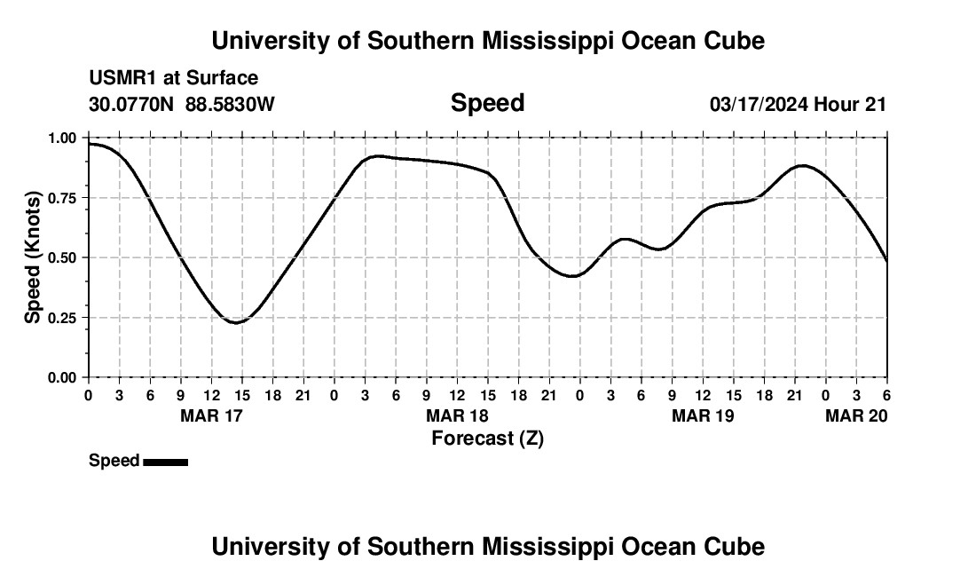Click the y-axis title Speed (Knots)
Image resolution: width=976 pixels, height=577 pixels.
pyautogui.click(x=33, y=257)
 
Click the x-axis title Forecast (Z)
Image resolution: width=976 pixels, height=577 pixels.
pyautogui.click(x=487, y=439)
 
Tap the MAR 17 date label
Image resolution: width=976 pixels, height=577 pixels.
pyautogui.click(x=211, y=416)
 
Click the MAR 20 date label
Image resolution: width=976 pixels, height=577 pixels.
pyautogui.click(x=856, y=416)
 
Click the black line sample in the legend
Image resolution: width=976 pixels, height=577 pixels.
pyautogui.click(x=165, y=462)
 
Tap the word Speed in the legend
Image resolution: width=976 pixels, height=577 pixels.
pyautogui.click(x=114, y=461)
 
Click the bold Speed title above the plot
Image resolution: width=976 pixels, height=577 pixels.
pyautogui.click(x=487, y=103)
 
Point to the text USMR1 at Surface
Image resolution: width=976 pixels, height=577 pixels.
pyautogui.click(x=173, y=79)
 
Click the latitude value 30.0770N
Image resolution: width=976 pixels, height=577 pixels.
pyautogui.click(x=132, y=105)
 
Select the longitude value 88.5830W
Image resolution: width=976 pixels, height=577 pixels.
pyautogui.click(x=230, y=105)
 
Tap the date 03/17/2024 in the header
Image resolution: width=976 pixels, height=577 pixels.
pyautogui.click(x=759, y=105)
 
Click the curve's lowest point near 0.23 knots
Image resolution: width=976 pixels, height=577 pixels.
pyautogui.click(x=235, y=322)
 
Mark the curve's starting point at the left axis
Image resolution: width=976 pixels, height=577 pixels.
pyautogui.click(x=89, y=144)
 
